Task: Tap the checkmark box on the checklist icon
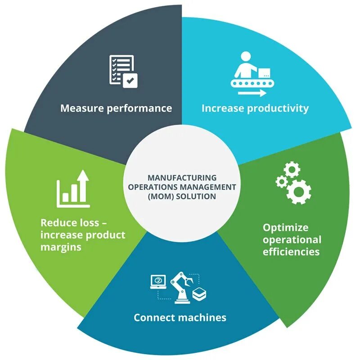(x=130, y=81)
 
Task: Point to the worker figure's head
(x=246, y=58)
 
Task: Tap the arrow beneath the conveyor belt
(x=253, y=93)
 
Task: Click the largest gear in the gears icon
(x=298, y=191)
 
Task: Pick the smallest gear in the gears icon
(x=282, y=181)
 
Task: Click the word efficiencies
(x=291, y=251)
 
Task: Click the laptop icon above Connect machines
(x=158, y=281)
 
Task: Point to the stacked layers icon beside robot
(x=199, y=294)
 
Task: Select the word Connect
(x=153, y=318)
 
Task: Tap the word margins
(x=61, y=247)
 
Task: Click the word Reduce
(x=57, y=223)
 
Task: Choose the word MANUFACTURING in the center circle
(x=182, y=178)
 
